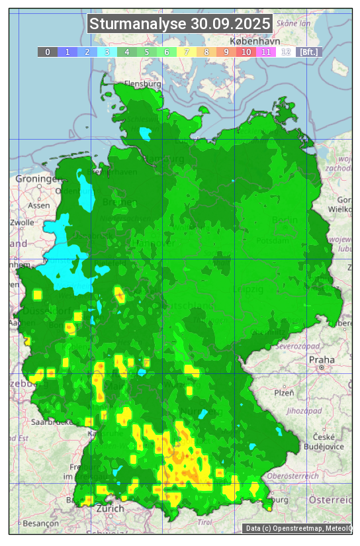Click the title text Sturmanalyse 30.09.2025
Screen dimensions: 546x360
pos(180,24)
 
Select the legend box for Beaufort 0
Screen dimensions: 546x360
pos(47,52)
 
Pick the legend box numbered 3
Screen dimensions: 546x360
pos(107,52)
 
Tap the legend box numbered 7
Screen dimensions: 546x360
pos(187,52)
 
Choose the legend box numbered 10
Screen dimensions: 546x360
pos(246,52)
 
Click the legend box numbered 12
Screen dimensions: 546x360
pos(286,52)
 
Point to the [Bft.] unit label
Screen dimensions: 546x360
pos(308,52)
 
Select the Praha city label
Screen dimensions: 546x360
pos(317,359)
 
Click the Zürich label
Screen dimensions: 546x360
pos(110,508)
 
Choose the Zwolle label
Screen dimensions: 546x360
pos(22,222)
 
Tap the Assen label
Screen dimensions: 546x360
pos(38,205)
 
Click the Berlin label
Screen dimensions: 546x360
pos(285,220)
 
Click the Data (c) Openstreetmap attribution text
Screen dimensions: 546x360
pos(298,528)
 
